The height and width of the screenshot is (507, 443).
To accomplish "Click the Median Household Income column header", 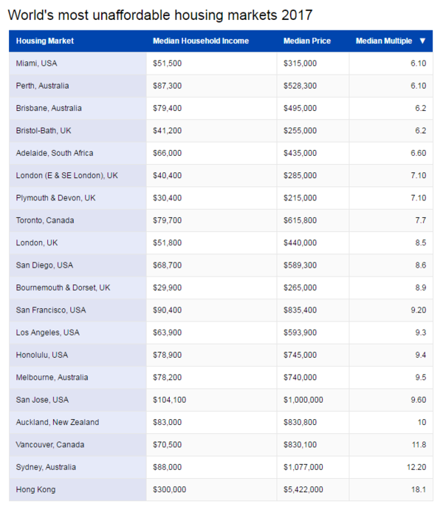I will (200, 41).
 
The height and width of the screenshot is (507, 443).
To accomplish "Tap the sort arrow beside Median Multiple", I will (422, 41).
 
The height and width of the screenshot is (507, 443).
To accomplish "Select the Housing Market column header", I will (45, 41).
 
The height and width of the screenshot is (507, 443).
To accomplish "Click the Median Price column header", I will (307, 41).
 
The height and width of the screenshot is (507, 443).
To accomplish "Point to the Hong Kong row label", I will (35, 490).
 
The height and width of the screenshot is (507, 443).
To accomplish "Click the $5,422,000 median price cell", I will (303, 490).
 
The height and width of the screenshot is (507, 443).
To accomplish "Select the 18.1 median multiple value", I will (418, 490).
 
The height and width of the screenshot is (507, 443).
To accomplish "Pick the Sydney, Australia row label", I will (46, 467).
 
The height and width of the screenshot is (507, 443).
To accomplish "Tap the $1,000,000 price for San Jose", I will (303, 400).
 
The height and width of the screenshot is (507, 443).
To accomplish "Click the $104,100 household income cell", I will (169, 400).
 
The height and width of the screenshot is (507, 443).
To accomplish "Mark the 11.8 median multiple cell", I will (418, 445).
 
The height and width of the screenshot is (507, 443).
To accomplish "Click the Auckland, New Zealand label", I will (58, 422).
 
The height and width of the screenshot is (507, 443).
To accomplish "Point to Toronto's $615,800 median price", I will (300, 220).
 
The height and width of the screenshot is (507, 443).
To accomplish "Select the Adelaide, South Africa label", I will (55, 153).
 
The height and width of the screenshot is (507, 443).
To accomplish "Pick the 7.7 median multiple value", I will (420, 220).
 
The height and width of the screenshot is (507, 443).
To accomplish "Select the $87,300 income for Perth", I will (167, 86).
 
